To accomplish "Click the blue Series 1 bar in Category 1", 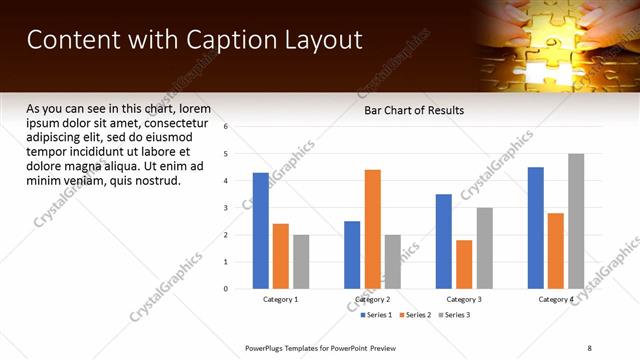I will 261,231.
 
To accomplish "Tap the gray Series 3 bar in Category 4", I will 576,221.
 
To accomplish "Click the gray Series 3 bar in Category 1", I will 301,262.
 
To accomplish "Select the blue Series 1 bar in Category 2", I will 352,255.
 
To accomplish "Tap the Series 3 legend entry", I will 455,315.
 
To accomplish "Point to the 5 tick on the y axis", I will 226,154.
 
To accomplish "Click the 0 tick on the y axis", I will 226,289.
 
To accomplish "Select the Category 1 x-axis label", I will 281,300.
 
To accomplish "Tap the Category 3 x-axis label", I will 464,300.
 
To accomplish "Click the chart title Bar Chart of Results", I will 413,110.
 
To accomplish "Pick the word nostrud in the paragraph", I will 156,181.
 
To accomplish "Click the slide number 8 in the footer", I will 589,348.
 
